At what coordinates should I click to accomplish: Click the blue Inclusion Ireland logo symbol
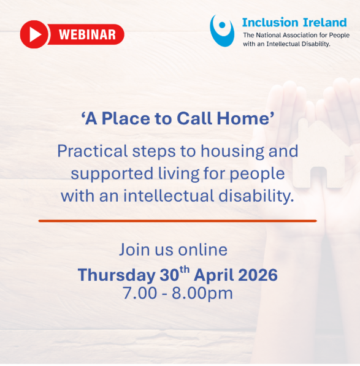(222, 31)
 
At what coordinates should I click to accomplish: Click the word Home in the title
(247, 120)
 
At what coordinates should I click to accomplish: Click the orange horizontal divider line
(178, 220)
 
